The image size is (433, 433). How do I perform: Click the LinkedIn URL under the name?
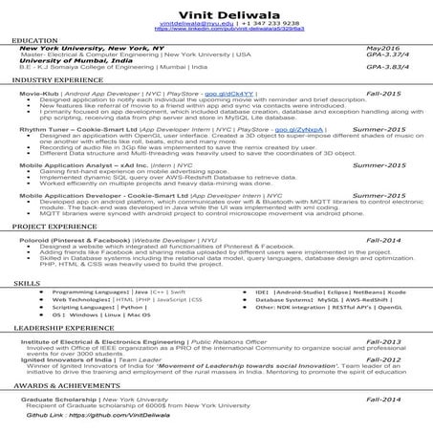click(216, 32)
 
